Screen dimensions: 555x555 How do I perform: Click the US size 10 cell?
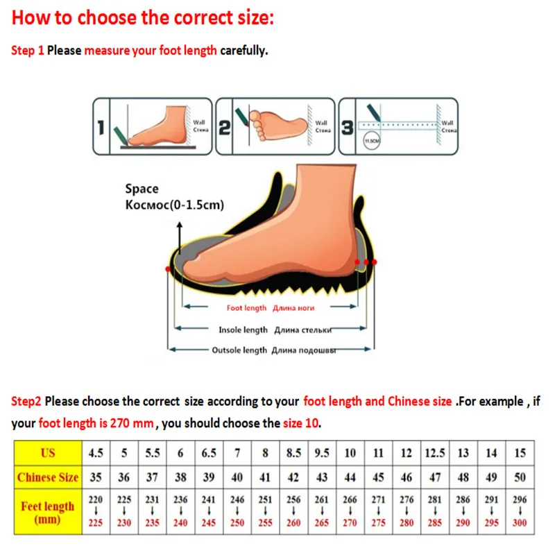pyautogui.click(x=350, y=453)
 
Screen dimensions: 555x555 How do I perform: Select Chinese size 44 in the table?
pyautogui.click(x=350, y=477)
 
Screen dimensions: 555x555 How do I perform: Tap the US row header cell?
pyautogui.click(x=47, y=453)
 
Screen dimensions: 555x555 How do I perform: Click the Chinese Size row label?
pyautogui.click(x=47, y=477)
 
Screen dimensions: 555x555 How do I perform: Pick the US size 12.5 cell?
pyautogui.click(x=435, y=453)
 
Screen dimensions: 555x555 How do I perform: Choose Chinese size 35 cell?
pyautogui.click(x=96, y=477)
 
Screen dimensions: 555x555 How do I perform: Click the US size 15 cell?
pyautogui.click(x=520, y=453)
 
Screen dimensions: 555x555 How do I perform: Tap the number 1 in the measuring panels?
pyautogui.click(x=100, y=128)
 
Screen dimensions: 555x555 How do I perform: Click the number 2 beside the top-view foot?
pyautogui.click(x=224, y=128)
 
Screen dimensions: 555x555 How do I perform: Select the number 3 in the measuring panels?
pyautogui.click(x=348, y=128)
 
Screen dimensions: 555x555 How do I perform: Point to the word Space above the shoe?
pyautogui.click(x=142, y=189)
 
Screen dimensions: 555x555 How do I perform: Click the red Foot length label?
pyautogui.click(x=246, y=308)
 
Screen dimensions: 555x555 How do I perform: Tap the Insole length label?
pyautogui.click(x=243, y=330)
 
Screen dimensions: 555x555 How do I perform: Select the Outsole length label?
pyautogui.click(x=239, y=350)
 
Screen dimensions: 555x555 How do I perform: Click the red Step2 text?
pyautogui.click(x=26, y=401)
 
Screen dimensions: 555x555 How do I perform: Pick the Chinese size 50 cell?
pyautogui.click(x=520, y=477)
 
